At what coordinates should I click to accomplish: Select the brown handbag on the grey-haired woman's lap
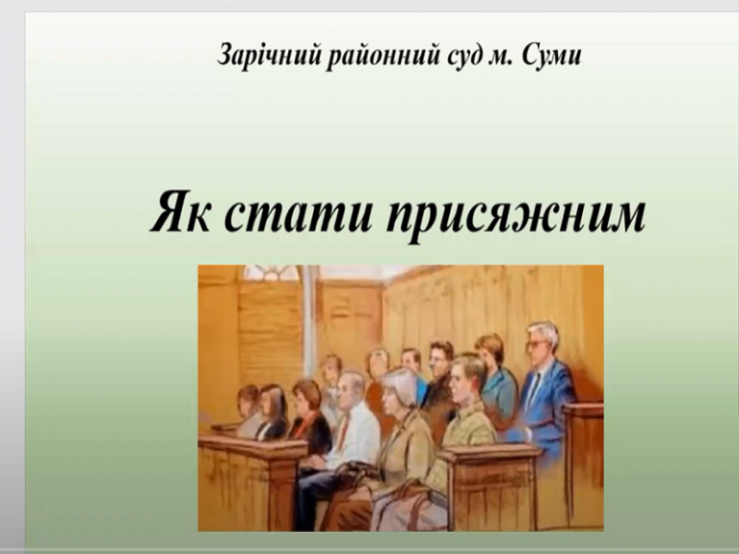tap(395, 502)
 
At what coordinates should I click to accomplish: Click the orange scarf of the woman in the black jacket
tap(307, 415)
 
